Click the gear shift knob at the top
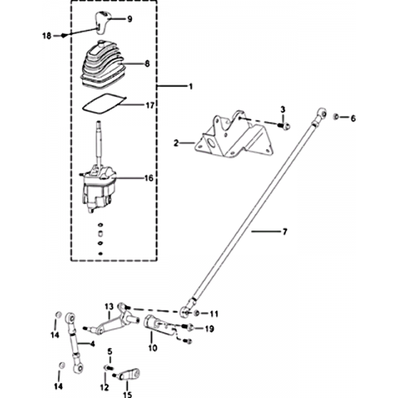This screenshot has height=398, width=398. [x=103, y=22]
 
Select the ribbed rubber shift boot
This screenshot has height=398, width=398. [x=102, y=65]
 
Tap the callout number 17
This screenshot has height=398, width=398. [x=150, y=105]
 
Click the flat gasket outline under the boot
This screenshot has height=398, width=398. [x=104, y=103]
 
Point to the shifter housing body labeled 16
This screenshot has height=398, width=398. [x=98, y=188]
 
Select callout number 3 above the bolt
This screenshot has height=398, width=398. [x=283, y=109]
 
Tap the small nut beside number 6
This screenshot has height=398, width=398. [x=336, y=117]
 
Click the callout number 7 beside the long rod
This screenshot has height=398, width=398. [x=285, y=231]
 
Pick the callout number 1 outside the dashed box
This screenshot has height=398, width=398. [x=191, y=86]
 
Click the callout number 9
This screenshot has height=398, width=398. [x=129, y=19]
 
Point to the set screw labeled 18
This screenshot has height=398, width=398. [x=64, y=36]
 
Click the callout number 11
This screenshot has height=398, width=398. [x=214, y=314]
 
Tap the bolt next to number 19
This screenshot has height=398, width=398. [x=188, y=328]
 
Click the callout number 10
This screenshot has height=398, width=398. [x=153, y=347]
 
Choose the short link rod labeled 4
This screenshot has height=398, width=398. [x=75, y=342]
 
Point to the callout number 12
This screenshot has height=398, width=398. [x=104, y=387]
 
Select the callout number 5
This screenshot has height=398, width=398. [x=110, y=352]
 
